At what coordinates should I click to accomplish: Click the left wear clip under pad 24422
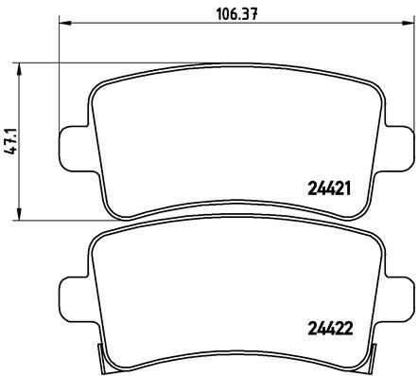point(107,361)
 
